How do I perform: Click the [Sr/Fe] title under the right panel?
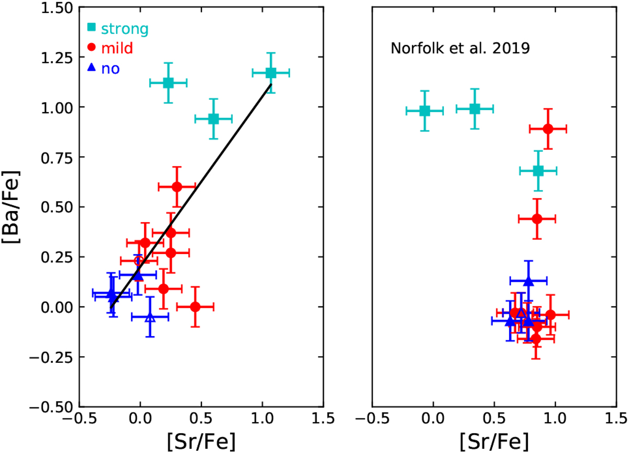493,437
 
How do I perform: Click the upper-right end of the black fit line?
270,84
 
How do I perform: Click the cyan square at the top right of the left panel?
270,73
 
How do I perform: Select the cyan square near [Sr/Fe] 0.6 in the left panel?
213,119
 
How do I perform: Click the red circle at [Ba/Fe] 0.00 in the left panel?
195,307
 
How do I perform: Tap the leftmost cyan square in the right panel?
425,110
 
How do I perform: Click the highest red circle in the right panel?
548,129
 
